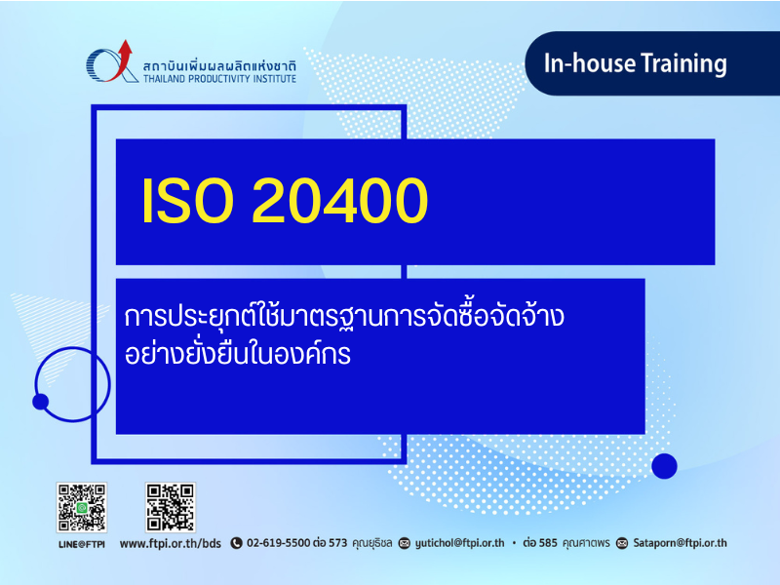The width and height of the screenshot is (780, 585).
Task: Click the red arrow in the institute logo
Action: pyautogui.click(x=123, y=58)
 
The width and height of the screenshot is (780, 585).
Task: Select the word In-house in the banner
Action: pyautogui.click(x=590, y=63)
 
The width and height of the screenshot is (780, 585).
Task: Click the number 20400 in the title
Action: pyautogui.click(x=340, y=201)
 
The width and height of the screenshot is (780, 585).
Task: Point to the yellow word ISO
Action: pyautogui.click(x=187, y=201)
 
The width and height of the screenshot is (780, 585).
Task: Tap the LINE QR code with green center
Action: pyautogui.click(x=82, y=507)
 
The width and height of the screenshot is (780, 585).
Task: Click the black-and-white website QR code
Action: pyautogui.click(x=170, y=507)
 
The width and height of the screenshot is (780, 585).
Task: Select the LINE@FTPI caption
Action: pyautogui.click(x=82, y=544)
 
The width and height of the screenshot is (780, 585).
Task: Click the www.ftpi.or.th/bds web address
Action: pyautogui.click(x=170, y=543)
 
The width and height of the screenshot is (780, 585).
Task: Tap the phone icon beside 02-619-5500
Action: pyautogui.click(x=236, y=543)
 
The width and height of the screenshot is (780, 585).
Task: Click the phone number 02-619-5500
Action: pyautogui.click(x=279, y=543)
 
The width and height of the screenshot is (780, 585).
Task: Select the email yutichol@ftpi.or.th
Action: pyautogui.click(x=459, y=543)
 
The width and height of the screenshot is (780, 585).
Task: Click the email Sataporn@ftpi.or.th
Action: pyautogui.click(x=680, y=543)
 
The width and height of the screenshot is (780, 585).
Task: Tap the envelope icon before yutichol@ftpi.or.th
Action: pyautogui.click(x=405, y=543)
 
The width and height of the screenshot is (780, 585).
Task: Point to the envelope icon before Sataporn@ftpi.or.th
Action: pyautogui.click(x=622, y=543)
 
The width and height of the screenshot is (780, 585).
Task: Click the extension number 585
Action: pyautogui.click(x=548, y=543)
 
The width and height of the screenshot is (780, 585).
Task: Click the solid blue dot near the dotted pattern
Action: pyautogui.click(x=664, y=466)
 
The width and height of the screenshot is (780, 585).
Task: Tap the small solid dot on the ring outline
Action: pyautogui.click(x=40, y=402)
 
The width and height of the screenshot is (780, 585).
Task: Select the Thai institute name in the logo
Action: pyautogui.click(x=219, y=66)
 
